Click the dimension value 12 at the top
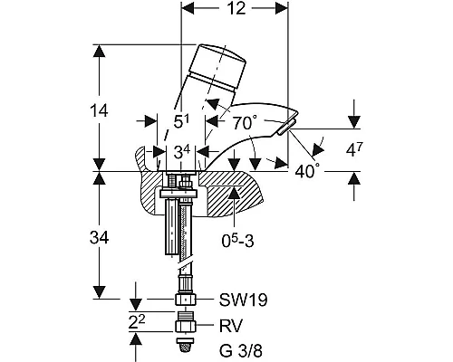236,8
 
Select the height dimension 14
99,110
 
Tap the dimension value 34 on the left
99,238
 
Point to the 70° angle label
245,123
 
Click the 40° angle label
307,171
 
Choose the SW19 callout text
243,300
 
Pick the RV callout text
231,326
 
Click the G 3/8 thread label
241,351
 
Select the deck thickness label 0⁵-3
237,241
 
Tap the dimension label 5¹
181,122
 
